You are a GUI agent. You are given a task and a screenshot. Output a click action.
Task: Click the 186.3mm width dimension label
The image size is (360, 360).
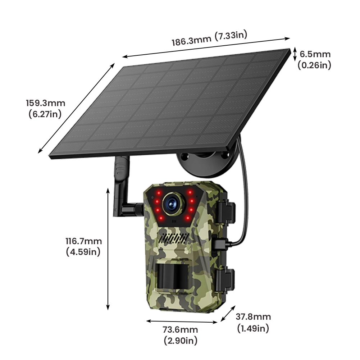(192, 41)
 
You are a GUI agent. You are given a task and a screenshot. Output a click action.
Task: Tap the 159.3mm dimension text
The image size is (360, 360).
(45, 104)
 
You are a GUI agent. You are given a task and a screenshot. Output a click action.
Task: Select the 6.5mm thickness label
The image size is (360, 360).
(315, 54)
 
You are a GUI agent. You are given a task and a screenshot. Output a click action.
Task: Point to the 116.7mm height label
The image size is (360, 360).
(83, 241)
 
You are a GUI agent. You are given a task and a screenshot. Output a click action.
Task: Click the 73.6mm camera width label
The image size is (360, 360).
(181, 330)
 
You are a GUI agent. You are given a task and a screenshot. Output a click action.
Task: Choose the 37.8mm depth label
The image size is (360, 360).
(253, 317)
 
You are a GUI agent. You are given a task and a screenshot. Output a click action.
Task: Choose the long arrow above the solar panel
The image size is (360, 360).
(206, 47)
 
